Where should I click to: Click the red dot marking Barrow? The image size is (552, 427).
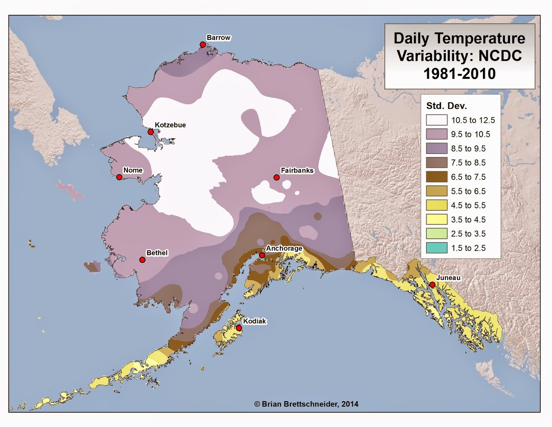[x=203, y=45]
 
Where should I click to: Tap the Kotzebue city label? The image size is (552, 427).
[x=170, y=125]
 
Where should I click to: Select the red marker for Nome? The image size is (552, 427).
[x=119, y=177]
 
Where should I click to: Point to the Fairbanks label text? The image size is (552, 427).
[x=297, y=170]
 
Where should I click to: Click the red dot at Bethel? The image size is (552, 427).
[x=142, y=260]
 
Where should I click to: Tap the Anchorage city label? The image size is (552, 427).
[x=284, y=248]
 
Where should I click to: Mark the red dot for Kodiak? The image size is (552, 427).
[x=238, y=328]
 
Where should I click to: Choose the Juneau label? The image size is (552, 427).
[x=448, y=278]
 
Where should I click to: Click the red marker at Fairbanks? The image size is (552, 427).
[x=276, y=177]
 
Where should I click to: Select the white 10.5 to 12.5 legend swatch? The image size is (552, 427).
[x=436, y=120]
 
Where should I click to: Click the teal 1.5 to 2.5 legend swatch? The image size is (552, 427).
[x=436, y=248]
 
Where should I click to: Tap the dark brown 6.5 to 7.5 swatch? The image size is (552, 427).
[x=436, y=177]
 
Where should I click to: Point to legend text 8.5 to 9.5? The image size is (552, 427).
[x=468, y=148]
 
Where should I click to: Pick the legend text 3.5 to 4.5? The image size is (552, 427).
[x=468, y=220]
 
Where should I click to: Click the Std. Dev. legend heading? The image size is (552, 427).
[x=446, y=106]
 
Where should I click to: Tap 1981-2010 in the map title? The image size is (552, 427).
[x=459, y=74]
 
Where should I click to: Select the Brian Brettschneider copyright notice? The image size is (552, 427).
[x=306, y=404]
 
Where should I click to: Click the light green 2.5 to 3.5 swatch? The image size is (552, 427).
[x=436, y=234]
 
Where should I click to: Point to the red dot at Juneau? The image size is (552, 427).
[x=432, y=285]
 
